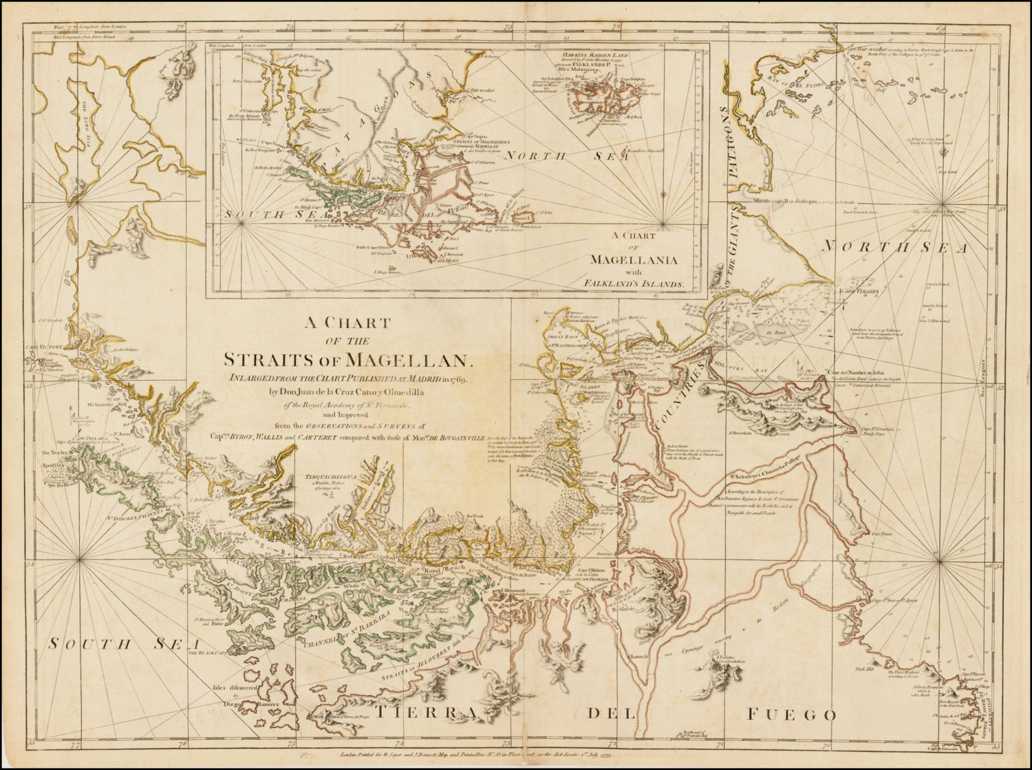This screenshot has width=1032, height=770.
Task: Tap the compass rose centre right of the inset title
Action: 664,222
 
